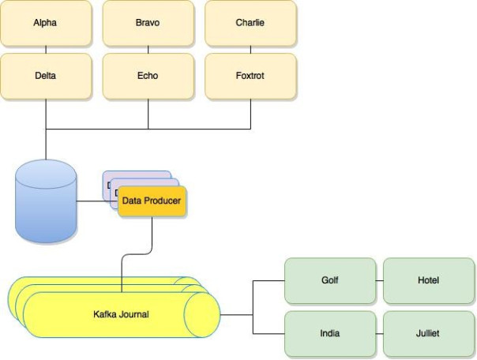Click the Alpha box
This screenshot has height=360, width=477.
[45, 23]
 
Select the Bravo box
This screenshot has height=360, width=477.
[148, 23]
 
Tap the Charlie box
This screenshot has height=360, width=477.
[250, 23]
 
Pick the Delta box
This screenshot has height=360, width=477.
[45, 76]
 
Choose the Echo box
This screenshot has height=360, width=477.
[148, 76]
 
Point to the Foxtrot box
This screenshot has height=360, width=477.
[250, 76]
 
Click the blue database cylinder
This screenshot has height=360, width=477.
[46, 201]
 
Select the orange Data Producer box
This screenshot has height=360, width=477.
[152, 201]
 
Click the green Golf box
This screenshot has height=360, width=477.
[329, 280]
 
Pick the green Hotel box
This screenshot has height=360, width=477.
[428, 280]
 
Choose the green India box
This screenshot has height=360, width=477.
[329, 333]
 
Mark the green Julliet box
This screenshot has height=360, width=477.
[428, 333]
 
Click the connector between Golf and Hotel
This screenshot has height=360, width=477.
[379, 280]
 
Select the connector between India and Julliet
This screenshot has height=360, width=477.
[379, 333]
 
